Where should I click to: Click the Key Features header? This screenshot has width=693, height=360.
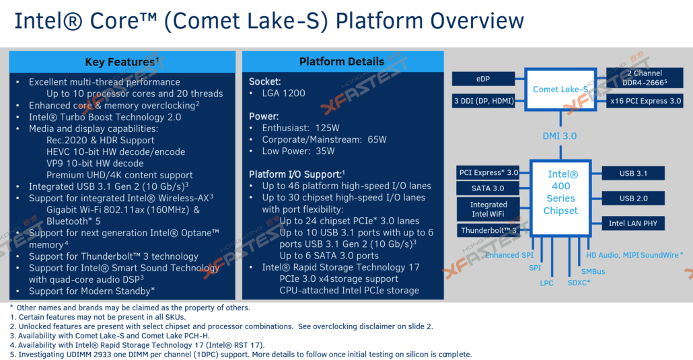(122, 62)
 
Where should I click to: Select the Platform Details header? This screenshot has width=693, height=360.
(342, 62)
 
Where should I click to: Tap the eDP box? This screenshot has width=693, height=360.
(482, 79)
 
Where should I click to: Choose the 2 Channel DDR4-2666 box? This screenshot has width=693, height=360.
(644, 77)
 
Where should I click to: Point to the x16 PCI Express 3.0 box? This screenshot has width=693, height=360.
(644, 101)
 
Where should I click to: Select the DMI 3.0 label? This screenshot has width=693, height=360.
(560, 136)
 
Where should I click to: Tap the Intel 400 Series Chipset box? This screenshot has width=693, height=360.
(560, 192)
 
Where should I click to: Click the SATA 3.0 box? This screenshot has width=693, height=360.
(488, 188)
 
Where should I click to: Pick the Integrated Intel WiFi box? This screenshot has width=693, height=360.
(488, 209)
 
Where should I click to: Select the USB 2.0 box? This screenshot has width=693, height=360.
(632, 198)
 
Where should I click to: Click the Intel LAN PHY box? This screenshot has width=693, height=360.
(632, 223)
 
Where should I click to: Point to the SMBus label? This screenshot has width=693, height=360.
(593, 271)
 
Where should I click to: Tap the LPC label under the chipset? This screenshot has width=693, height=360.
(546, 283)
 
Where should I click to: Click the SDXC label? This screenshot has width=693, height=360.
(578, 283)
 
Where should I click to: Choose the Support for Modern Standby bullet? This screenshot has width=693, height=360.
(92, 291)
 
